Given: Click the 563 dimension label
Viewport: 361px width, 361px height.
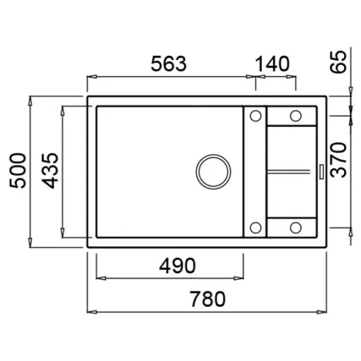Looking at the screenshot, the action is (x=168, y=64).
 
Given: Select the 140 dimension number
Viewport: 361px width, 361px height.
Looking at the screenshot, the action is (x=273, y=64).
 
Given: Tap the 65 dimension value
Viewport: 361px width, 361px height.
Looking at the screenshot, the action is (x=338, y=62).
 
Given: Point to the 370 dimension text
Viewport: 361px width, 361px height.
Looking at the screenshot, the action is (x=338, y=160).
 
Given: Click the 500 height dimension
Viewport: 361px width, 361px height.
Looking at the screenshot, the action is (x=17, y=171).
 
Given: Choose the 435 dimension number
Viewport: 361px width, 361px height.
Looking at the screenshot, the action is (x=50, y=171).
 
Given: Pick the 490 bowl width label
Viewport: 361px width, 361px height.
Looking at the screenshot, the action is (x=177, y=265).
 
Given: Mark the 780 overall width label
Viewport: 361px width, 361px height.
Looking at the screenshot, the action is (x=208, y=299).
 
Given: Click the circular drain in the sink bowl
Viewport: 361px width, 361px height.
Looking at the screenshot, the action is (x=214, y=171).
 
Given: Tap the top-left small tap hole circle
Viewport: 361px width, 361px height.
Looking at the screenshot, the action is (x=256, y=116).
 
